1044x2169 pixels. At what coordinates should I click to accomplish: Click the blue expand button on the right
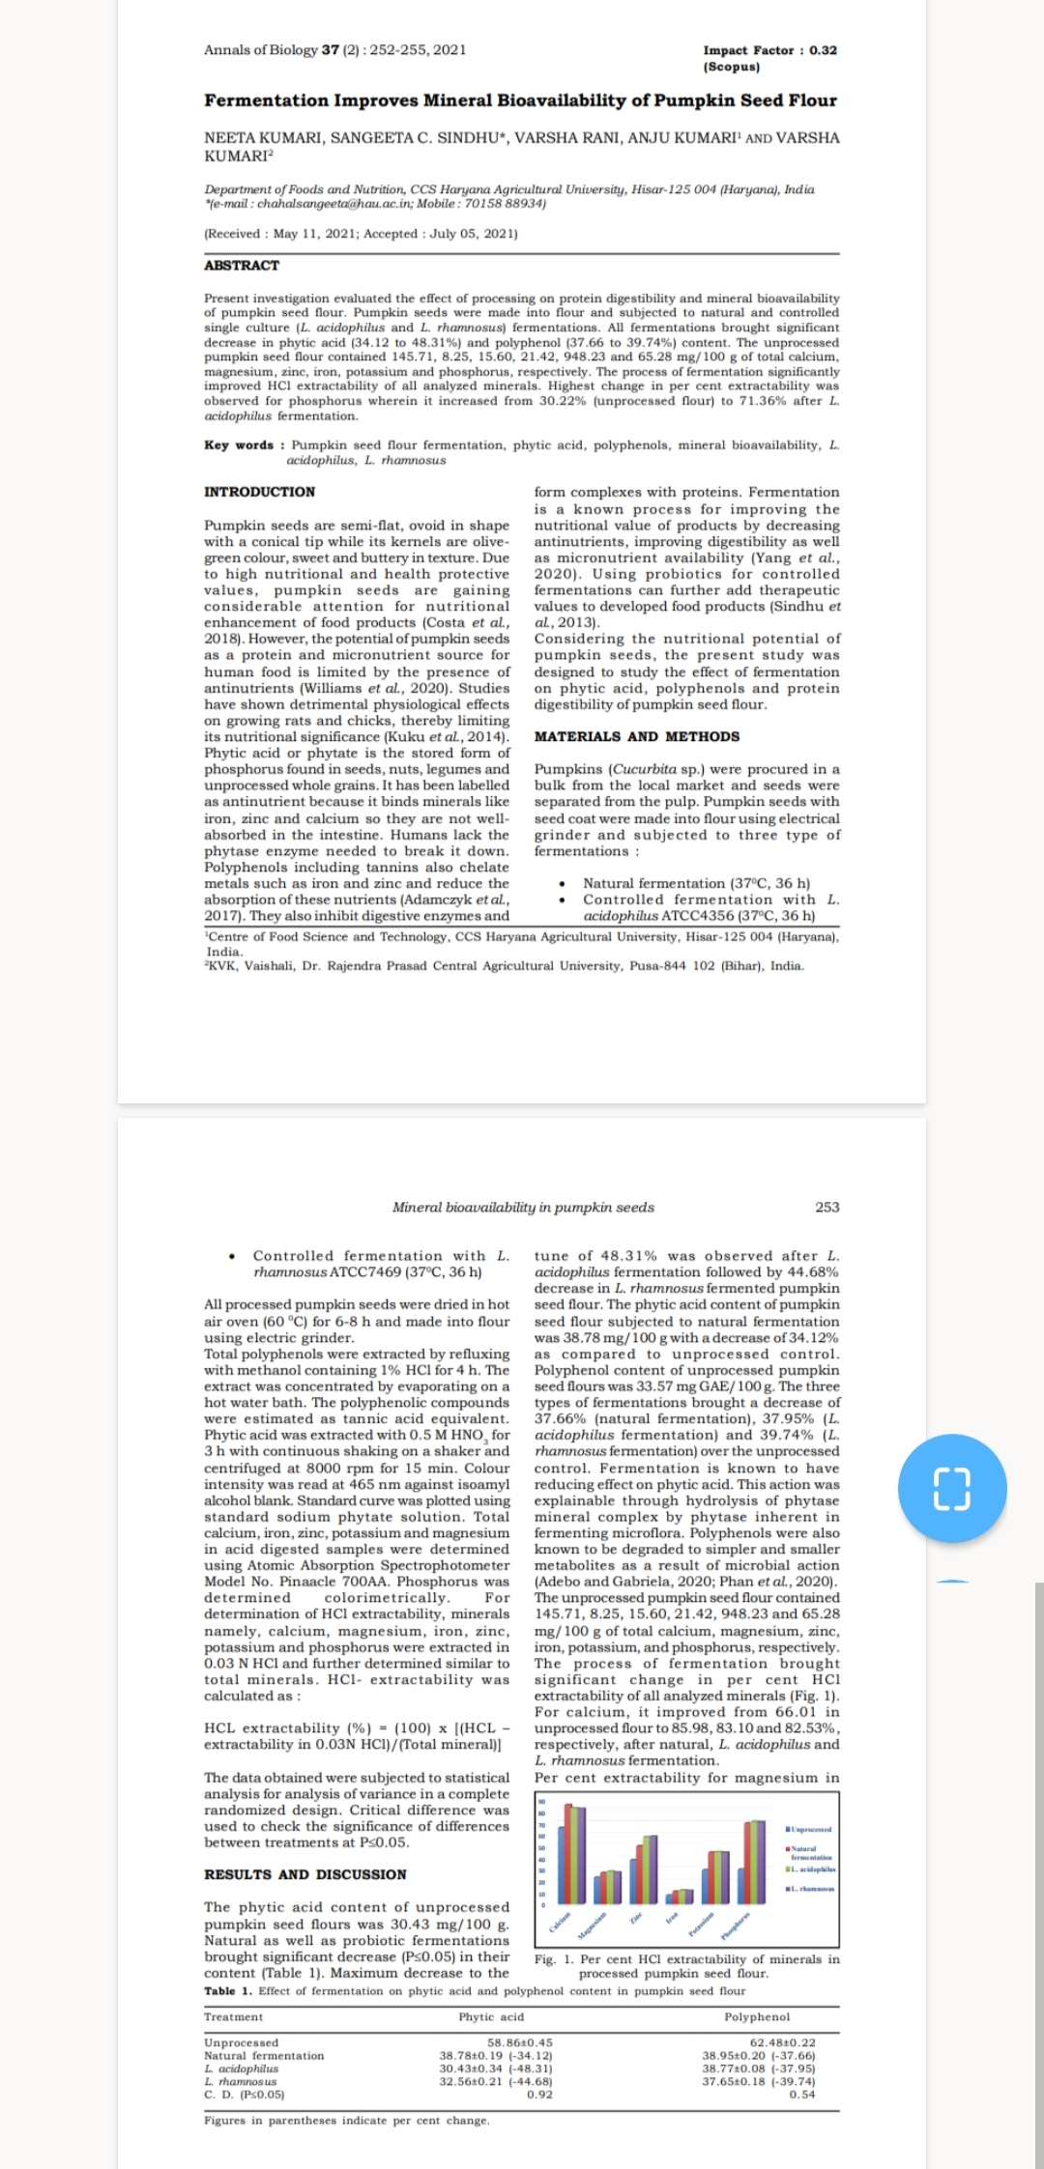pyautogui.click(x=952, y=1489)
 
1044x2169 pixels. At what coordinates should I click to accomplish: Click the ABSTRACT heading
pyautogui.click(x=242, y=266)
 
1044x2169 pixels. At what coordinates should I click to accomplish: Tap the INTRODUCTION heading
pyautogui.click(x=259, y=492)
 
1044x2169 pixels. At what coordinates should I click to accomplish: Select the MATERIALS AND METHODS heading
pyautogui.click(x=637, y=736)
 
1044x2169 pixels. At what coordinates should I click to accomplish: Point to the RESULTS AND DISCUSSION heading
pyautogui.click(x=304, y=1874)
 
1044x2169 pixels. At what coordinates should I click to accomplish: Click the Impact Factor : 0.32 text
pyautogui.click(x=769, y=50)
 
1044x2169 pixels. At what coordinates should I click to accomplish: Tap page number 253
pyautogui.click(x=827, y=1207)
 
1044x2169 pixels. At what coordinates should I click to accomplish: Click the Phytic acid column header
pyautogui.click(x=491, y=2016)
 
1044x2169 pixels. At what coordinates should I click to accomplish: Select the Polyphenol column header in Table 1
pyautogui.click(x=757, y=2016)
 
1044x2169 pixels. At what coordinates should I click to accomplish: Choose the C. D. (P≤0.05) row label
pyautogui.click(x=244, y=2095)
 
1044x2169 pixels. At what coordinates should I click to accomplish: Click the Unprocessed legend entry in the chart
pyautogui.click(x=810, y=1830)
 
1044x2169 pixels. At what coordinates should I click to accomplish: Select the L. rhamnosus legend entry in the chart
pyautogui.click(x=810, y=1889)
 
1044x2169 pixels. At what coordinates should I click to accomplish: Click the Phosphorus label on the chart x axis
pyautogui.click(x=738, y=1926)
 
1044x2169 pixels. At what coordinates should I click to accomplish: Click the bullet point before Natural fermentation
pyautogui.click(x=563, y=883)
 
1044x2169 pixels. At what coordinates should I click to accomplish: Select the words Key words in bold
pyautogui.click(x=239, y=445)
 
